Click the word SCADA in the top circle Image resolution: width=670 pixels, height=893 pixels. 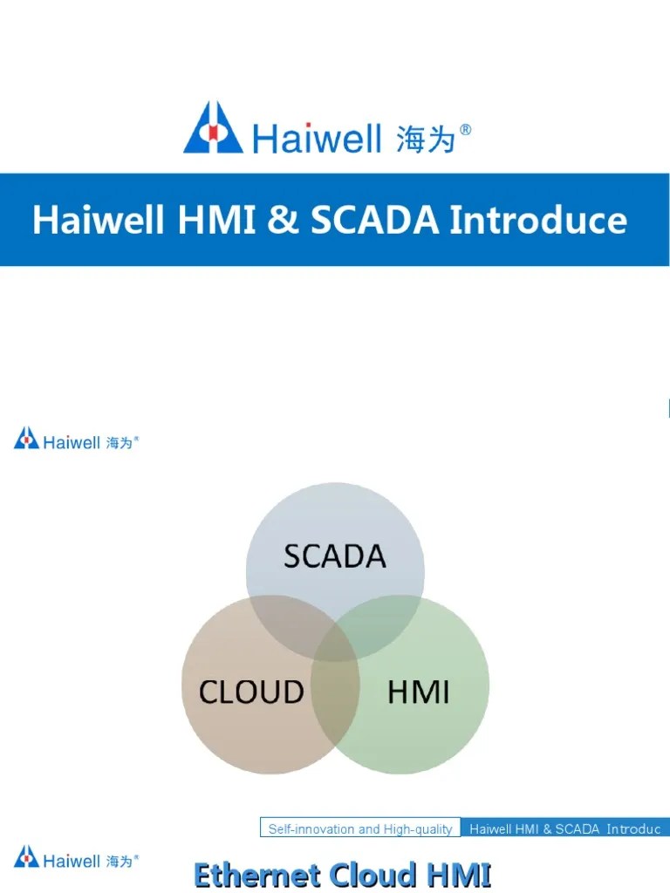coord(334,556)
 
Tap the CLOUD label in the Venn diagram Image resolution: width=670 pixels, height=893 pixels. coord(251,692)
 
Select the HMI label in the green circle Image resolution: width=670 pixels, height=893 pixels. coord(418,692)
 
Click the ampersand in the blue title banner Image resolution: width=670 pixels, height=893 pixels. coord(283,220)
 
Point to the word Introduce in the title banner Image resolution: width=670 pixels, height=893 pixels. coord(537,220)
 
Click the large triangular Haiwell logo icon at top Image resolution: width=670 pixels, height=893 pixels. coord(213,128)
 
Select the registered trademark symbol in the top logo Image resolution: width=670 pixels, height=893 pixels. coord(466,130)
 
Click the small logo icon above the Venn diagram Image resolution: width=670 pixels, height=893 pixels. coord(26,438)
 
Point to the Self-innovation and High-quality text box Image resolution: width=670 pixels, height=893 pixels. coord(359,828)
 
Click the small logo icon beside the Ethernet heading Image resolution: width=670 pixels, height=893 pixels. coord(26,856)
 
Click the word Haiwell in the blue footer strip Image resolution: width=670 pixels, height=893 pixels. coord(489,828)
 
